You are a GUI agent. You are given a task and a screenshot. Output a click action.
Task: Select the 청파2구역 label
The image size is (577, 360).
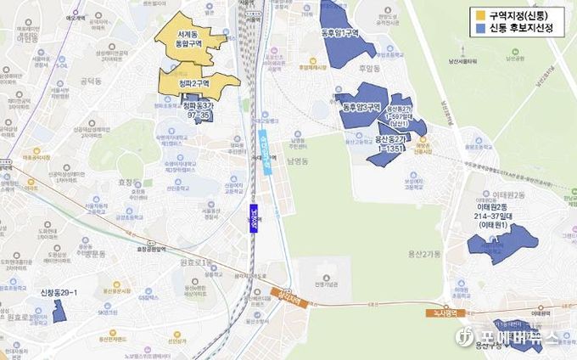(x=193, y=85)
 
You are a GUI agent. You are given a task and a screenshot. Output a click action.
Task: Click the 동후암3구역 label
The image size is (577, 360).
(x=362, y=108)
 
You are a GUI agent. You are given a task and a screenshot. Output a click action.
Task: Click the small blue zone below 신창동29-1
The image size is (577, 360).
(x=59, y=311)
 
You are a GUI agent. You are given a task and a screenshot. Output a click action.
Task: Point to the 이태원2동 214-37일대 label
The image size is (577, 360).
(x=502, y=216)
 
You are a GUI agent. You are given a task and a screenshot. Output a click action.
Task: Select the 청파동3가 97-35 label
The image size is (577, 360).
(x=198, y=110)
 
